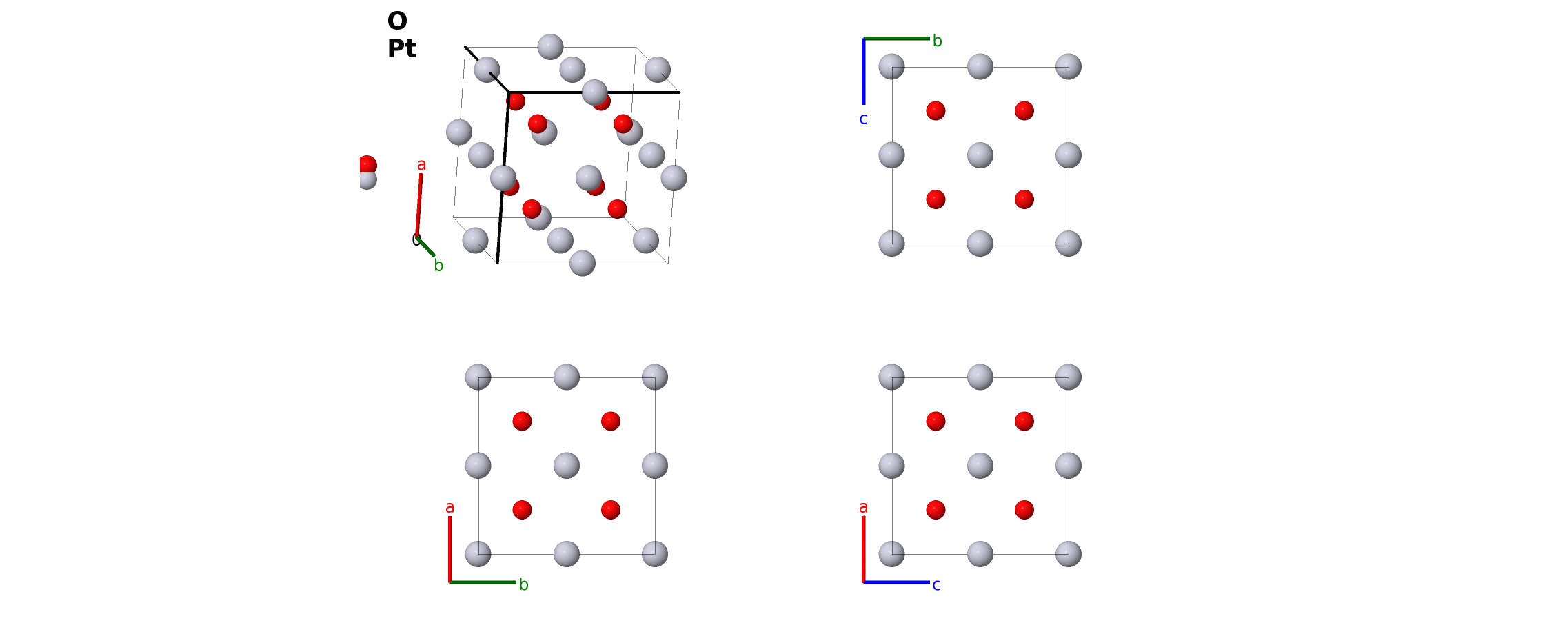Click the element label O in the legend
397,21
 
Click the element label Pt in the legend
402,49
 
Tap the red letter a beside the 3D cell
421,165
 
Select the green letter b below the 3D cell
438,266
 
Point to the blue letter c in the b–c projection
863,119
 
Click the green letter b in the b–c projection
937,41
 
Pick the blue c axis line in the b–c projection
863,72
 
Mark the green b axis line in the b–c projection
896,39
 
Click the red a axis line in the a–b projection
450,549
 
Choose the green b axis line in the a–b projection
483,582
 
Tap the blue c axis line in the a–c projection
896,582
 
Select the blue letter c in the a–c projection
936,585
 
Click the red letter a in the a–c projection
863,508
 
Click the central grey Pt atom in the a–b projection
567,466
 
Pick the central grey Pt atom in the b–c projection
980,155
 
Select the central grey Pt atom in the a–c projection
980,466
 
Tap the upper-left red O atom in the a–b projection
523,421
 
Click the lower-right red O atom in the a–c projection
1024,510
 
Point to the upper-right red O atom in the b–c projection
1024,110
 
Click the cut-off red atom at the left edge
367,164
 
